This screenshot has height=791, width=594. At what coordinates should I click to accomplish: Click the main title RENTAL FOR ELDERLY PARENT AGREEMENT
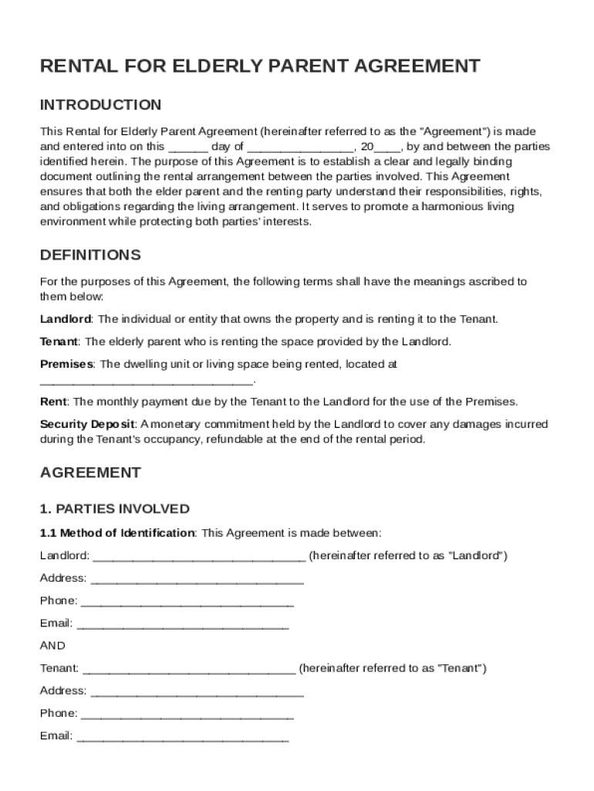(x=260, y=66)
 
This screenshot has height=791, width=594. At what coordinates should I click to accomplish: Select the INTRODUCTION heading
(x=100, y=104)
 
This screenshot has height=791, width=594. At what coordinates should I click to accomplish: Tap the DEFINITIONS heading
(x=90, y=255)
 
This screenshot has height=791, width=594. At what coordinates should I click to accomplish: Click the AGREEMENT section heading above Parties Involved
(x=90, y=472)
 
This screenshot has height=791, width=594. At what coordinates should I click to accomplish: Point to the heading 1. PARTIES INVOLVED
(x=114, y=509)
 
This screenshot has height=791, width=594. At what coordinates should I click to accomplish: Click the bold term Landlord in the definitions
(x=66, y=319)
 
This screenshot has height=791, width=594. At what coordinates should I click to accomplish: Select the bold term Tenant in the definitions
(x=59, y=341)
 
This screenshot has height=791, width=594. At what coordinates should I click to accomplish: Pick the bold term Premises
(x=66, y=364)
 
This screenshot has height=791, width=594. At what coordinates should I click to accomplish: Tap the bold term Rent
(x=53, y=402)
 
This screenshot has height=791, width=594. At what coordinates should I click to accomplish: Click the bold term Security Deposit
(x=87, y=424)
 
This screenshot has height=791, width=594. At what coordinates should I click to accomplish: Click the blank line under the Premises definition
(x=147, y=382)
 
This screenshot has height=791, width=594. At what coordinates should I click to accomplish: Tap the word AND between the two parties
(x=52, y=645)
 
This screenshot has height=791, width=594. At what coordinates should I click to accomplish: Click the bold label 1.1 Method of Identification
(x=117, y=533)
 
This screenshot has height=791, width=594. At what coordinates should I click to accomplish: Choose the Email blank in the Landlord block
(x=183, y=625)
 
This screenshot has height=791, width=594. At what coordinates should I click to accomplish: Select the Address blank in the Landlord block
(x=197, y=580)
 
